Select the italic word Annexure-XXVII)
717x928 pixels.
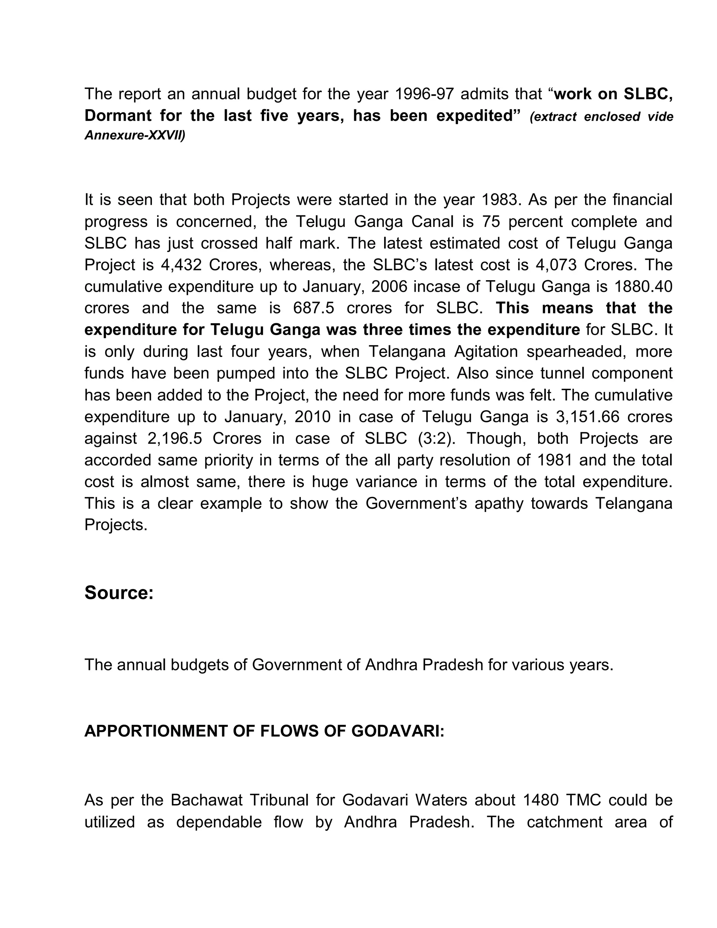click(x=135, y=136)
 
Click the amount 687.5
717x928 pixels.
click(x=313, y=308)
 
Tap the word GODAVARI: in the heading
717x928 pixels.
click(x=398, y=731)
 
